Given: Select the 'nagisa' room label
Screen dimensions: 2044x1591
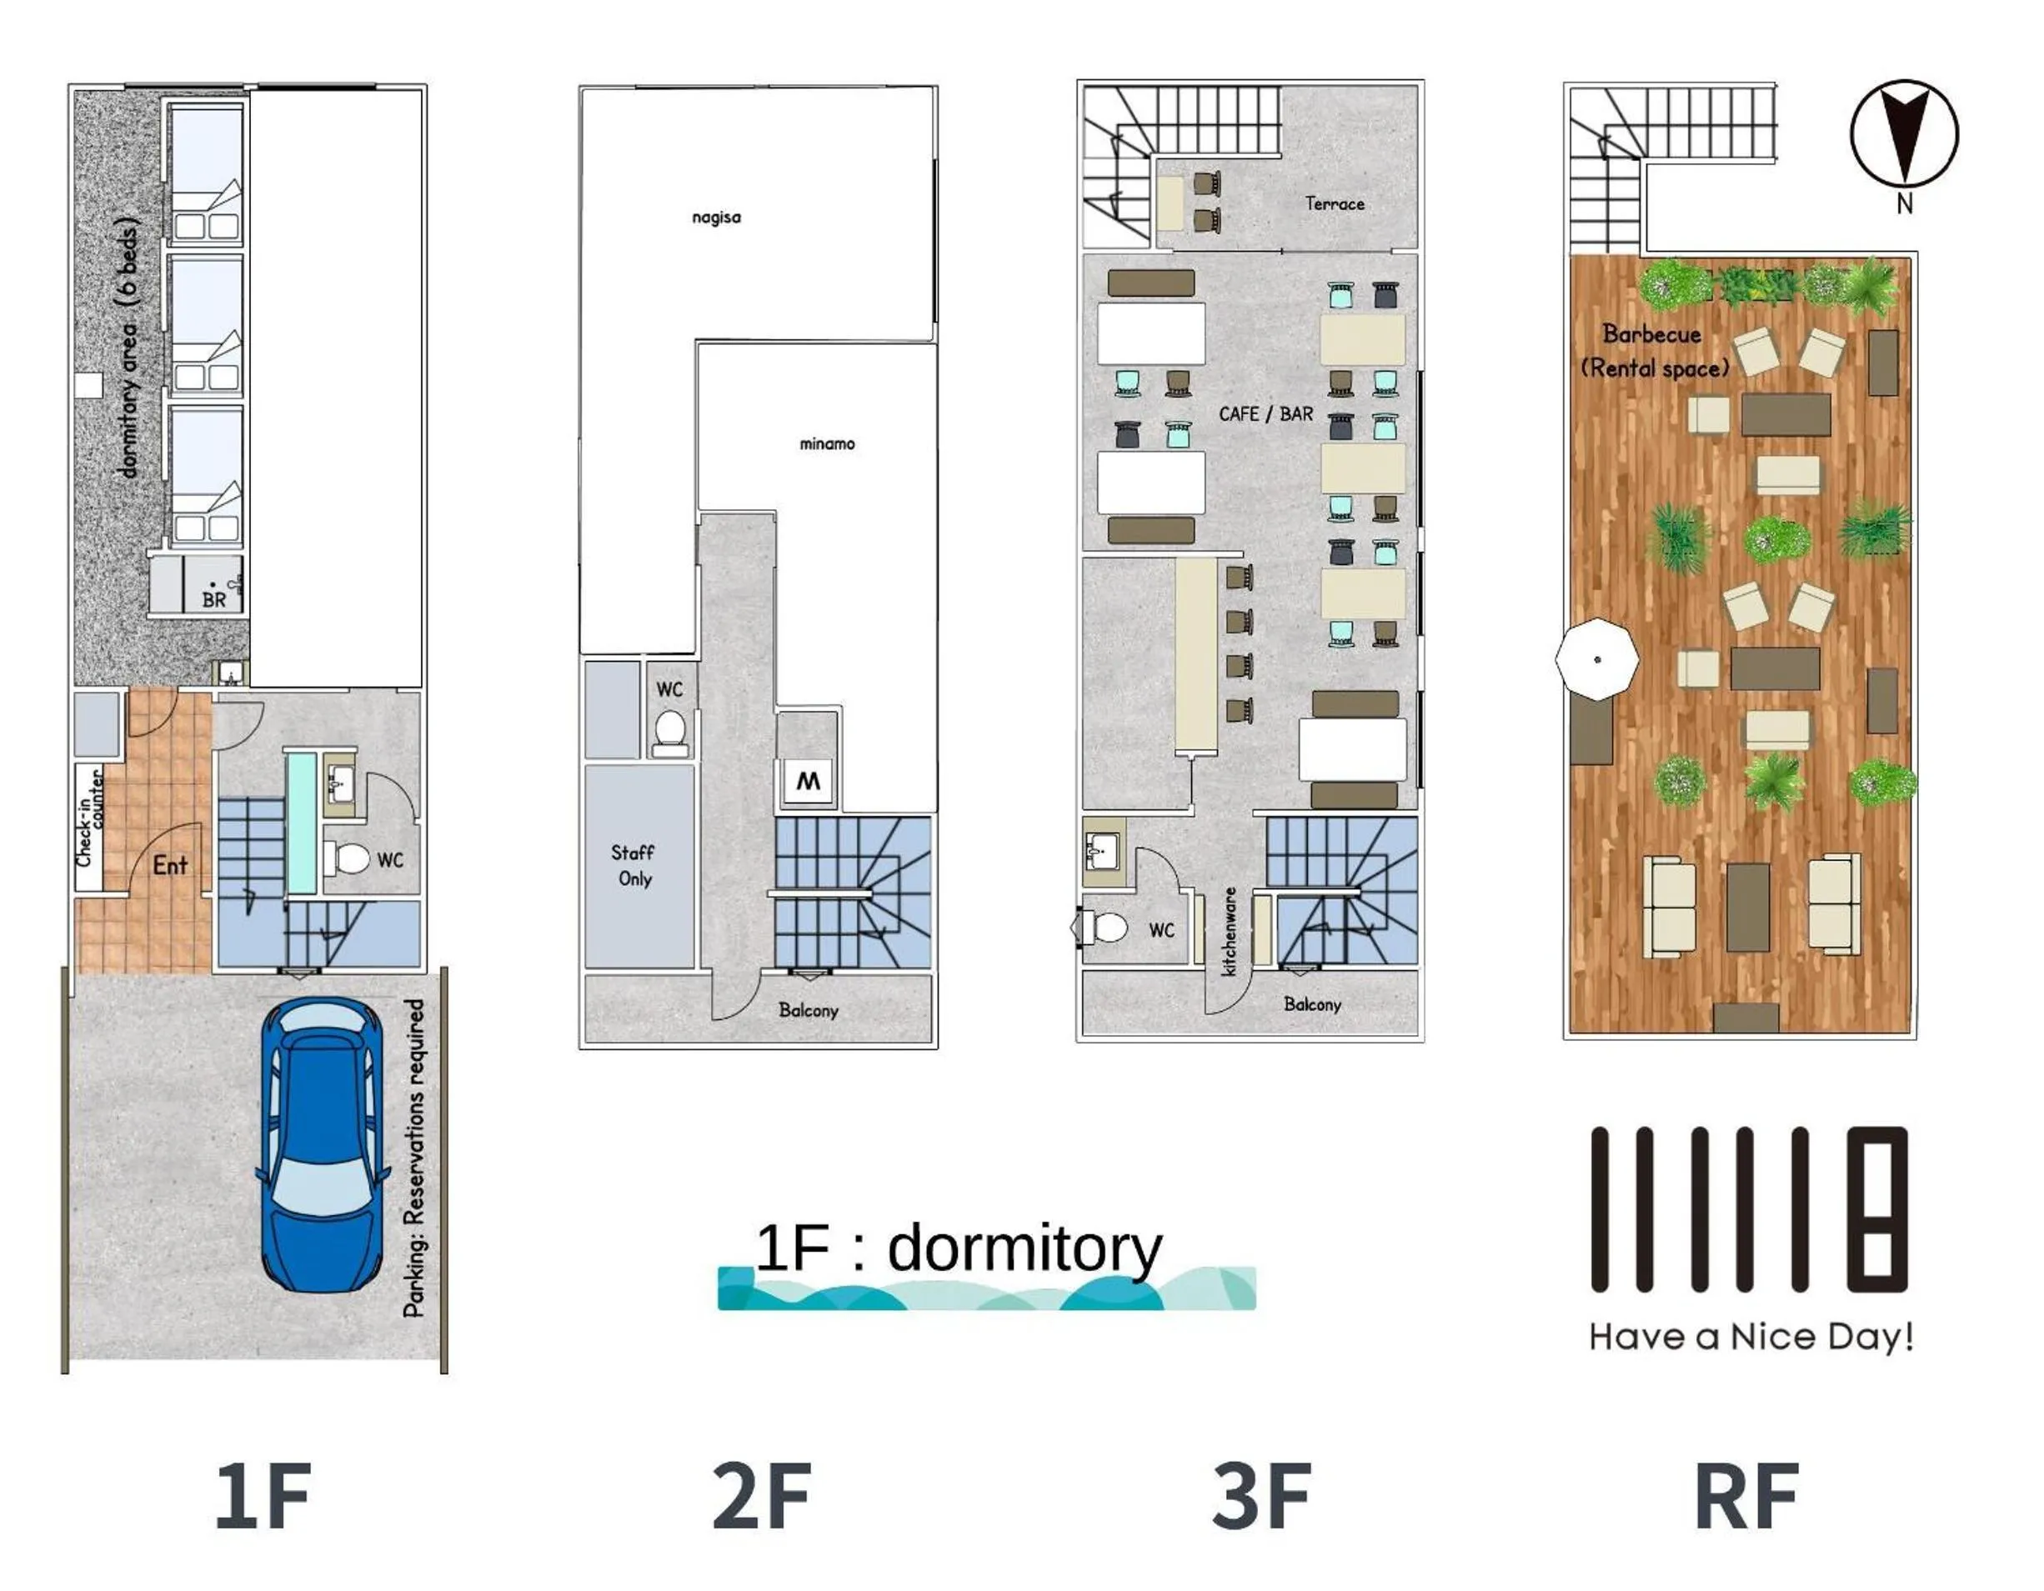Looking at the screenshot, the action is click(x=716, y=218).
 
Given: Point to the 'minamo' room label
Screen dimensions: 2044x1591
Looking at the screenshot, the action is click(x=826, y=443).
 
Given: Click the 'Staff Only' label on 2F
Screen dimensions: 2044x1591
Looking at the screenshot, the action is click(x=634, y=865).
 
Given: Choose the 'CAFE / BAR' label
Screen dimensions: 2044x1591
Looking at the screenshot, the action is click(x=1265, y=413).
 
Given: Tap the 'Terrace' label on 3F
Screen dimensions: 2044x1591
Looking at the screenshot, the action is click(x=1335, y=203).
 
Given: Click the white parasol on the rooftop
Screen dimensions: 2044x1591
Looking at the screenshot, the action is click(x=1596, y=659).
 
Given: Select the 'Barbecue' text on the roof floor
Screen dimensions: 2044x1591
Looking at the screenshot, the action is click(x=1652, y=333).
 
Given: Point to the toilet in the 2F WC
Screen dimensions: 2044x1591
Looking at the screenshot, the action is click(x=670, y=732).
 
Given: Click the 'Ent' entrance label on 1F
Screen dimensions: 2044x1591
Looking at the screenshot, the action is click(x=169, y=866).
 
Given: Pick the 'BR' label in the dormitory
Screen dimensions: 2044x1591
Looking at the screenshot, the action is click(x=213, y=599).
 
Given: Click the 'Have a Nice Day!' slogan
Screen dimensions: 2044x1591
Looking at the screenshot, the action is click(x=1750, y=1337).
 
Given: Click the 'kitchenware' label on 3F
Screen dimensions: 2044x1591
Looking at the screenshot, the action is click(x=1230, y=931).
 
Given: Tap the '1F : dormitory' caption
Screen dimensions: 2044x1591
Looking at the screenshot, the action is click(x=959, y=1248).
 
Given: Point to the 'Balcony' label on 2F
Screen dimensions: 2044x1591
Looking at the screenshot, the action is click(x=808, y=1010).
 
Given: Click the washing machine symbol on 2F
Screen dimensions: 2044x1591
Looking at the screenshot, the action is click(x=808, y=782).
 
